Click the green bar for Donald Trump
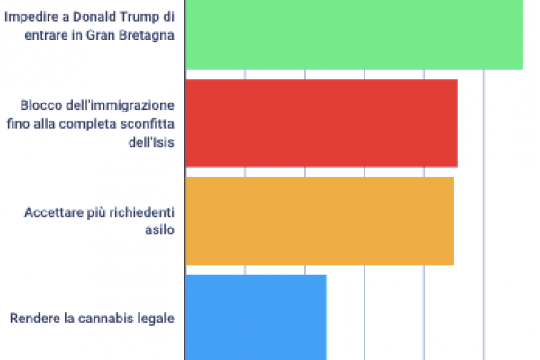(x=354, y=34)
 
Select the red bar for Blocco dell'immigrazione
(x=321, y=123)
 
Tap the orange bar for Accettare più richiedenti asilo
(x=319, y=220)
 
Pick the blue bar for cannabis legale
(x=256, y=317)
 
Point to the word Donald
(x=100, y=18)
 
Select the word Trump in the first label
(x=143, y=18)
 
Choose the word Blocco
(x=40, y=106)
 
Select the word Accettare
(x=53, y=212)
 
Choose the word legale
(x=154, y=318)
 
